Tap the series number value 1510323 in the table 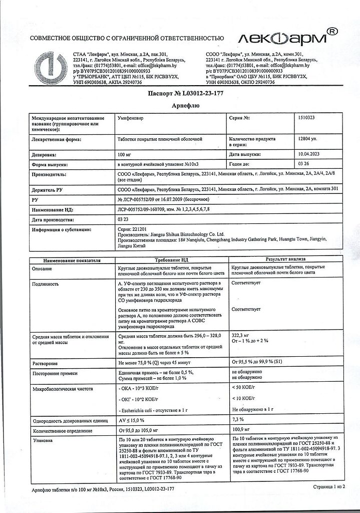point(308,118)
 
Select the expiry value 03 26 point(303,164)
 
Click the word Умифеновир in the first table point(131,118)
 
